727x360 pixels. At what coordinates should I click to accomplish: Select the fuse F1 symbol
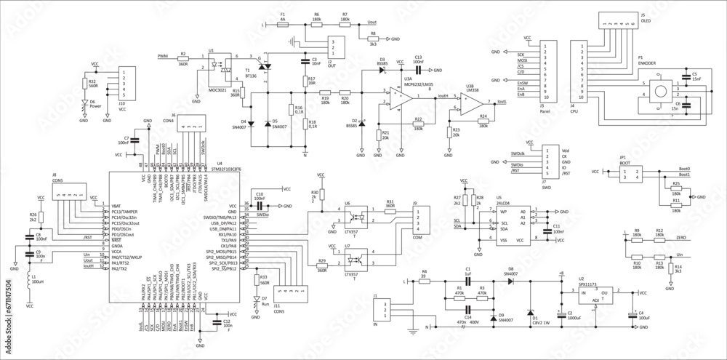[284, 23]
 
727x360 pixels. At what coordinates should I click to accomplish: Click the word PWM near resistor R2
[162, 55]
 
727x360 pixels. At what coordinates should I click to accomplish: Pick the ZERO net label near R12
[681, 237]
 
